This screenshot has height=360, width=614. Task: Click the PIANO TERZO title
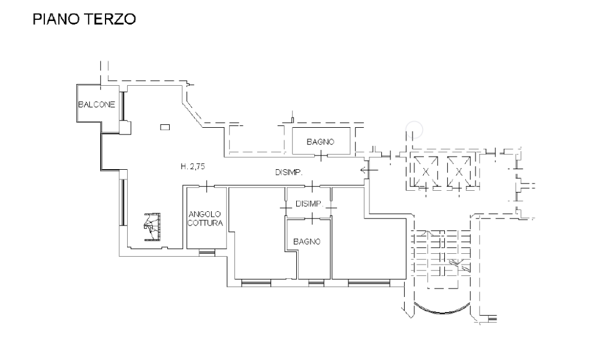84,19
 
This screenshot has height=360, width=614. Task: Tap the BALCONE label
97,104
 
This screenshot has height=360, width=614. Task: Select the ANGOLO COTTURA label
205,218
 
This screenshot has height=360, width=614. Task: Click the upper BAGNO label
320,142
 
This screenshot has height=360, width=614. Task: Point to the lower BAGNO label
307,242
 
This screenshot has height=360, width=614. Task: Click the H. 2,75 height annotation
192,166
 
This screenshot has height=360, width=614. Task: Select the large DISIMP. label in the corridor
289,172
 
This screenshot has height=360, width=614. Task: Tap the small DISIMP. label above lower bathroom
309,203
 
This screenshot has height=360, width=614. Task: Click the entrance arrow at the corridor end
369,170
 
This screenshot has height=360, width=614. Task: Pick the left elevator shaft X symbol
425,172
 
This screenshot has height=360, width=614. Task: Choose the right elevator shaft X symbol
459,172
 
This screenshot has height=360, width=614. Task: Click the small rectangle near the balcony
165,127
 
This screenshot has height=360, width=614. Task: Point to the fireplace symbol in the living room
152,227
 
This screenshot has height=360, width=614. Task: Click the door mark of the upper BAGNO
321,156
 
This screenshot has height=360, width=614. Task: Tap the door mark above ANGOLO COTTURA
206,186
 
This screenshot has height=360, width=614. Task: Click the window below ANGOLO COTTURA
207,253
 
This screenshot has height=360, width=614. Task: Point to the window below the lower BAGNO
316,283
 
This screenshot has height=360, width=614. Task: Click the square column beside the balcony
125,128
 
